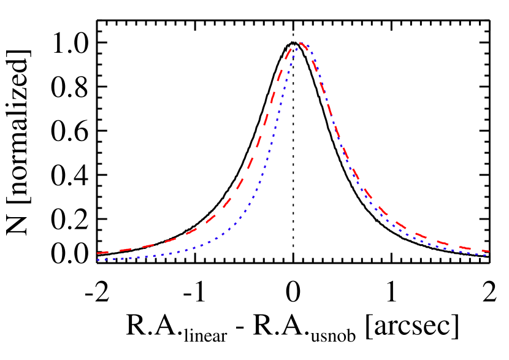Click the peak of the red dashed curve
(x=299, y=43)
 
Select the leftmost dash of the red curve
(x=103, y=253)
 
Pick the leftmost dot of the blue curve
(x=98, y=259)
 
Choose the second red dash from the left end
(x=125, y=250)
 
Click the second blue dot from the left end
(x=105, y=259)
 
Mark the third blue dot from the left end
(x=111, y=259)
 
